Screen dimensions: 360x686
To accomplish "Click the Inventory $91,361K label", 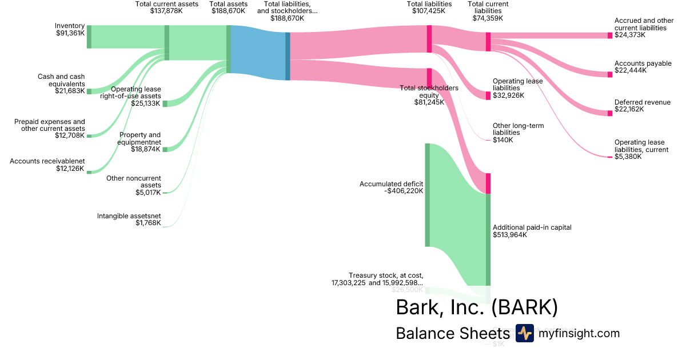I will (70, 29).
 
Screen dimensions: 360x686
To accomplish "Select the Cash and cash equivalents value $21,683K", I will (70, 91).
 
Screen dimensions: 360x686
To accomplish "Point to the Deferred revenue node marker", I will (609, 113).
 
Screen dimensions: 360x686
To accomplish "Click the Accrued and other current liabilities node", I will (609, 35).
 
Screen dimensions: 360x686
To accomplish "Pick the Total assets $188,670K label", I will (229, 7).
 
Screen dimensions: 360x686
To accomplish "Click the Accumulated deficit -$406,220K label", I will (392, 187).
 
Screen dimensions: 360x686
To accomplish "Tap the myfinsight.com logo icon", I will (524, 333).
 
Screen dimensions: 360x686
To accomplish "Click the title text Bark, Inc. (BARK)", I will (476, 307).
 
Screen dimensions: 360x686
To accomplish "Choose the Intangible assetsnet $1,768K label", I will (129, 219).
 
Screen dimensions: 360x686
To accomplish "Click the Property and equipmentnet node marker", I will (165, 149).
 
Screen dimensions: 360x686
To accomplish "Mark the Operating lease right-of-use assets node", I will (165, 103).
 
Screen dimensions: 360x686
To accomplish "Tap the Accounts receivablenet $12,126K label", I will (47, 165).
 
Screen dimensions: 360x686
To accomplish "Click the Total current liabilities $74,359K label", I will (488, 11).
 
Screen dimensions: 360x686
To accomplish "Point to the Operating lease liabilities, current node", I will (609, 157).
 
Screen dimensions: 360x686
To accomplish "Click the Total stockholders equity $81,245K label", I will (429, 95).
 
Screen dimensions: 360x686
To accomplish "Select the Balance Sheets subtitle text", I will (452, 334).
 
